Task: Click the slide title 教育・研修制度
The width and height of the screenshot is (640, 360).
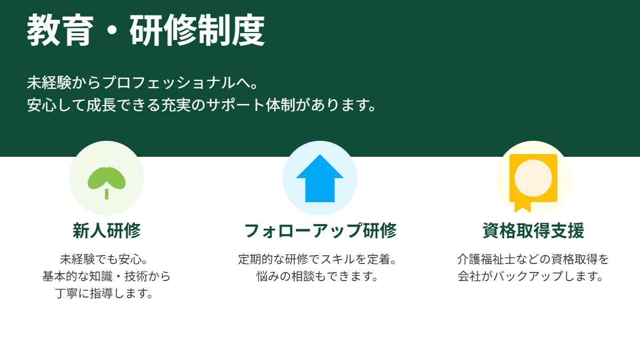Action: pos(146,31)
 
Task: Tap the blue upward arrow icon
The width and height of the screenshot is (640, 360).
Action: pos(320,178)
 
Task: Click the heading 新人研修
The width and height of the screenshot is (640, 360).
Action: pos(107,231)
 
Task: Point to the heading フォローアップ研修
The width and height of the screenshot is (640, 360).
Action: pos(320,231)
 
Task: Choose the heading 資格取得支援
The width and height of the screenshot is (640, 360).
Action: pos(533,231)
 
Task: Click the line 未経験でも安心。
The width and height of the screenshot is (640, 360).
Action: pos(107,260)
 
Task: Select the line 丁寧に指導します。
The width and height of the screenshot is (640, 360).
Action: pos(107,294)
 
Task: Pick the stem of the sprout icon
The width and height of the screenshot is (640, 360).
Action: pos(107,194)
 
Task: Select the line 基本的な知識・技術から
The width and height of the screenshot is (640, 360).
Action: pos(107,277)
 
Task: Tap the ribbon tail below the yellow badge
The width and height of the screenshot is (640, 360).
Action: pos(523,206)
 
